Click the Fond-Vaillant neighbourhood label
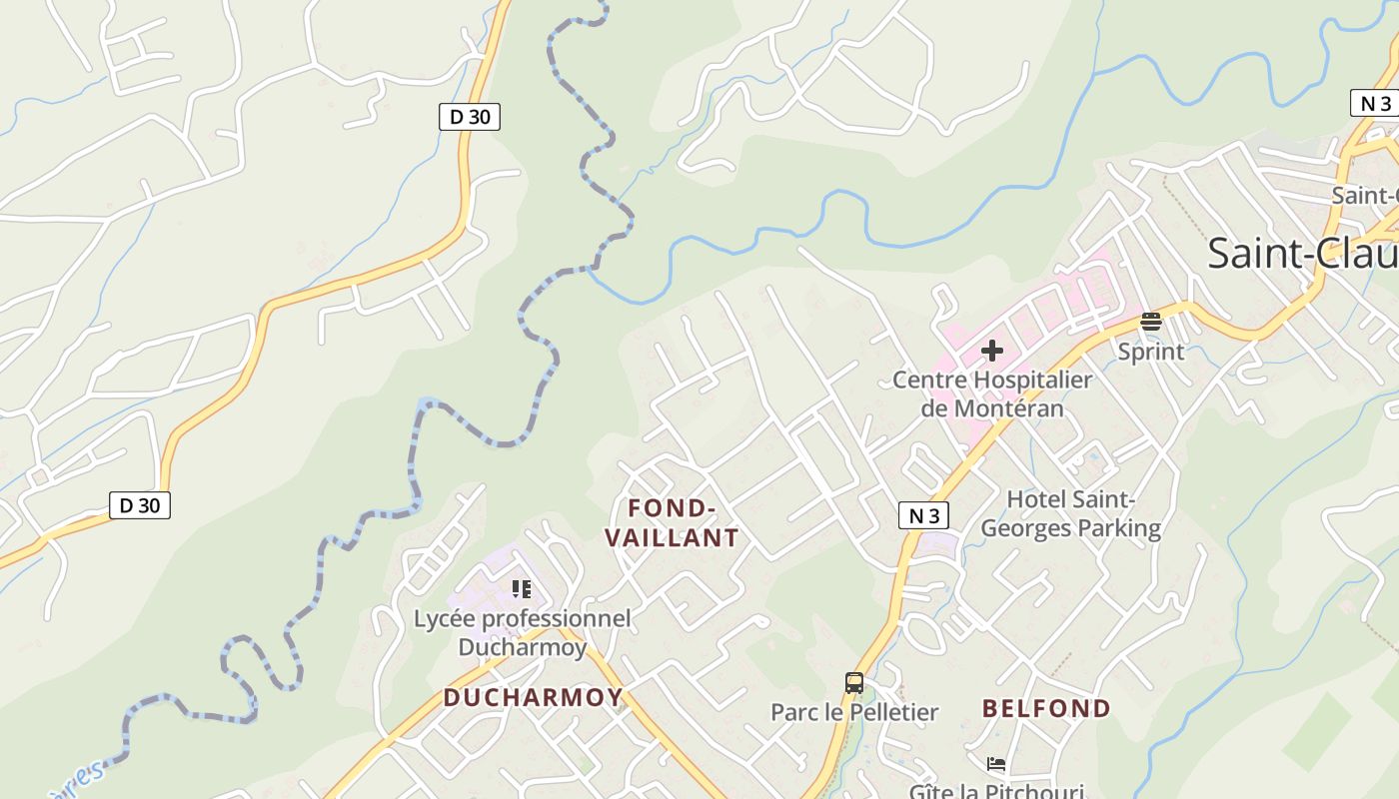coord(672,522)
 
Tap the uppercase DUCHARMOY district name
coord(533,697)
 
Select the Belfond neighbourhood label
coord(1046,708)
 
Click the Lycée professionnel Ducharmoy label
coord(523,632)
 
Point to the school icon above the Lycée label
coord(521,588)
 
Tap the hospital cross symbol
coord(991,351)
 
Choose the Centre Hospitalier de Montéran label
coord(991,394)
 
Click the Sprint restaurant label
coord(1150,352)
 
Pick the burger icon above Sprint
coord(1151,322)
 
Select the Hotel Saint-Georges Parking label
coord(1071,513)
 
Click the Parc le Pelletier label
coord(853,712)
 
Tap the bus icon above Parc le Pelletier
coord(853,683)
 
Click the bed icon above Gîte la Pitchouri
coord(995,764)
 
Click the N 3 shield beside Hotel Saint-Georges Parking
coord(923,515)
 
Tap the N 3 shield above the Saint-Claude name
coord(1375,103)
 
